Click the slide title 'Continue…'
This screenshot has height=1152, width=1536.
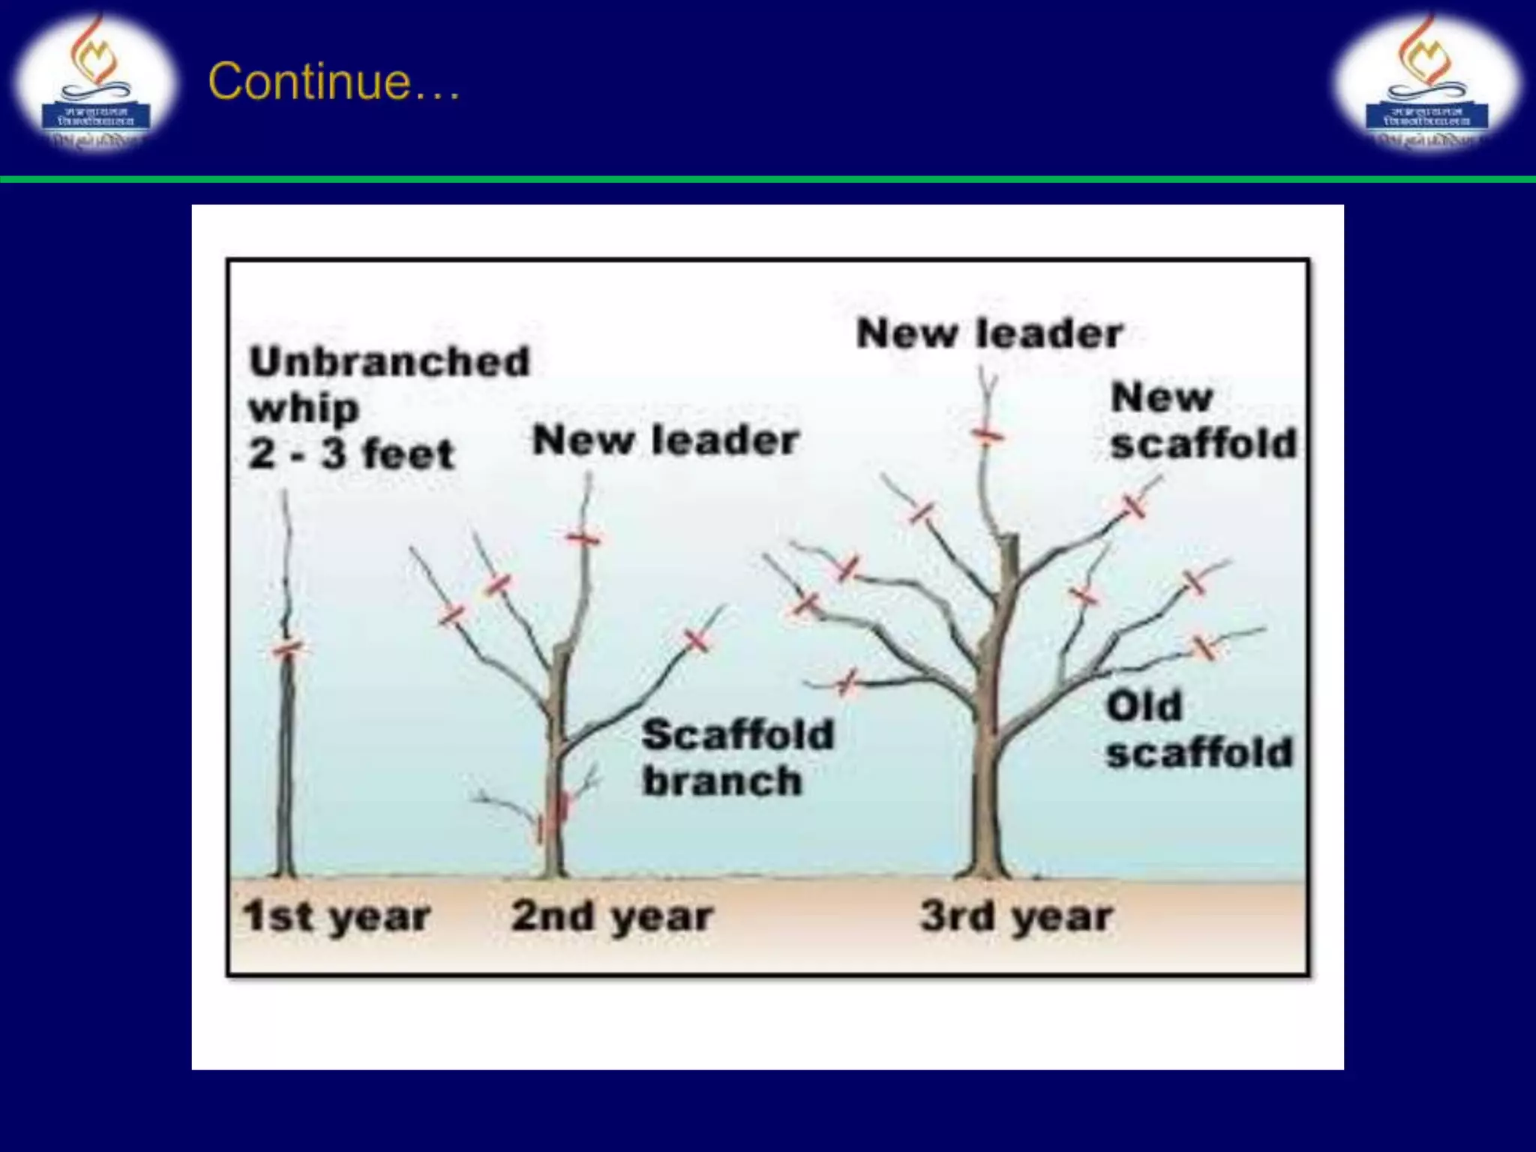[334, 81]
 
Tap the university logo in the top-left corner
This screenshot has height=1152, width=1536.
[95, 81]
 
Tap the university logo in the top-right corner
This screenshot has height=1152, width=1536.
[1426, 81]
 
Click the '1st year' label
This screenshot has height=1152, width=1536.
[337, 916]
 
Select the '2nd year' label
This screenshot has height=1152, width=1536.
[612, 916]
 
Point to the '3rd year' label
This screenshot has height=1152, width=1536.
[1017, 916]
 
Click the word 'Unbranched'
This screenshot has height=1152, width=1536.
[390, 362]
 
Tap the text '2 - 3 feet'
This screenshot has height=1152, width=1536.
[352, 454]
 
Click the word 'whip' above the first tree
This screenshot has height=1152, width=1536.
[304, 409]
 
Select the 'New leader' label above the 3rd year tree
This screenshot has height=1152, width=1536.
[989, 334]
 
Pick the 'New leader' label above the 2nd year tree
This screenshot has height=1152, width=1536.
[665, 440]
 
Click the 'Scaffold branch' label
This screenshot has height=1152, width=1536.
[738, 757]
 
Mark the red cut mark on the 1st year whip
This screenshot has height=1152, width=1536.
[286, 649]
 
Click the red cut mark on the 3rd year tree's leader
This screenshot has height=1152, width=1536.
[987, 435]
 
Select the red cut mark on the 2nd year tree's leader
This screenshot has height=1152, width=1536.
[583, 538]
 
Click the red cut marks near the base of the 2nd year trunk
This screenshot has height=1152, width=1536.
[555, 814]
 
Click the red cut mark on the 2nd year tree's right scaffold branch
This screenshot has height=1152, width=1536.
[697, 640]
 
